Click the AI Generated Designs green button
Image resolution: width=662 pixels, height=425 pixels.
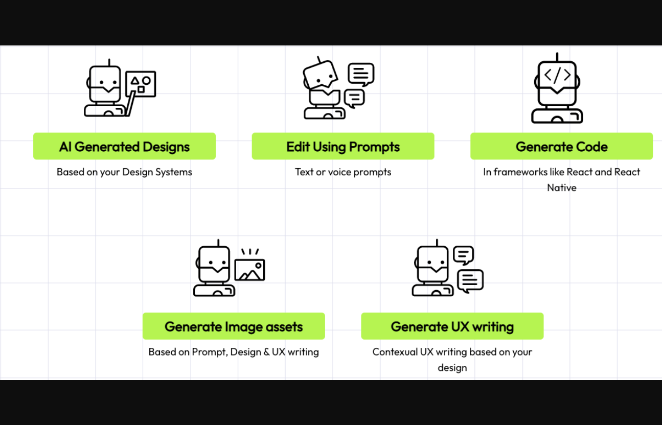[124, 147]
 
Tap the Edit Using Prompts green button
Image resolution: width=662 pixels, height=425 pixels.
[343, 147]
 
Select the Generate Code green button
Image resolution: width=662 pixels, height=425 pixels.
[561, 147]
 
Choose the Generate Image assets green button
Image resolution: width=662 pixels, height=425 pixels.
[234, 326]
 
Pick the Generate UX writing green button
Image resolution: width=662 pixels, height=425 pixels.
[452, 326]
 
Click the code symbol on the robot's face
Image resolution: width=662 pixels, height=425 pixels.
[557, 76]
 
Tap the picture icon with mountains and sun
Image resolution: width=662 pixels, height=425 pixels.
[249, 270]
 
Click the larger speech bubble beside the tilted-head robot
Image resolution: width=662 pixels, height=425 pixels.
[361, 74]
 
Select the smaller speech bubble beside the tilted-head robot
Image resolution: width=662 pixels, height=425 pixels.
[354, 98]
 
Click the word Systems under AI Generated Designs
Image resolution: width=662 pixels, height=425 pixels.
[174, 172]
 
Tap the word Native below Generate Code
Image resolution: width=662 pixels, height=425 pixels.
[561, 187]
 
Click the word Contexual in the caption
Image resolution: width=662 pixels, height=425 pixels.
[395, 352]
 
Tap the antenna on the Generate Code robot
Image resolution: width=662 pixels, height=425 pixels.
[557, 56]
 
